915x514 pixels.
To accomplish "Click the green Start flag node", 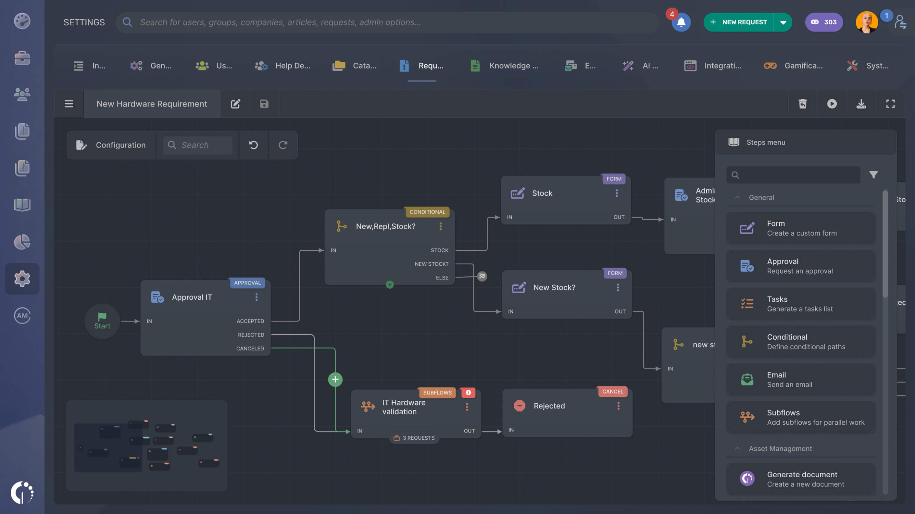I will click(x=102, y=321).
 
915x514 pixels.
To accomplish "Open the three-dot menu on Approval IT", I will click(x=256, y=297).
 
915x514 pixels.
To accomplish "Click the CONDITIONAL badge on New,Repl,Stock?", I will click(x=427, y=212).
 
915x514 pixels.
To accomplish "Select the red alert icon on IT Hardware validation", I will click(x=468, y=392).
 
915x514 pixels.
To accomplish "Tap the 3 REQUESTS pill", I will click(x=415, y=438).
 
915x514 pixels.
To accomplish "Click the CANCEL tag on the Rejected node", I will click(x=612, y=391).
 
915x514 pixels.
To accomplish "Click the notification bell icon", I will click(x=681, y=23).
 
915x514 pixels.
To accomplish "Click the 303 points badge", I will click(x=823, y=22).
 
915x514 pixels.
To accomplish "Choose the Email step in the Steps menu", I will click(x=801, y=379).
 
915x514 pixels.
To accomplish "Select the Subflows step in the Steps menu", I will click(x=801, y=417).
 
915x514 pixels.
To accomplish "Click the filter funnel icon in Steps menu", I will click(x=873, y=175).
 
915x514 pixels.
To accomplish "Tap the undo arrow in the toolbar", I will click(x=253, y=145).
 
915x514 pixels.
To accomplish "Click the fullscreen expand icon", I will click(x=890, y=104).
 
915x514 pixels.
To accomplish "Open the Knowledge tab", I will click(x=505, y=66).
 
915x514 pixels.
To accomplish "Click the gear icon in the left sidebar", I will click(x=22, y=279).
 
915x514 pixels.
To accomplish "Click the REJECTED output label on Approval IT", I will click(x=251, y=335).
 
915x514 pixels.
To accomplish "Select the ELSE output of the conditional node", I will click(x=442, y=278).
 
